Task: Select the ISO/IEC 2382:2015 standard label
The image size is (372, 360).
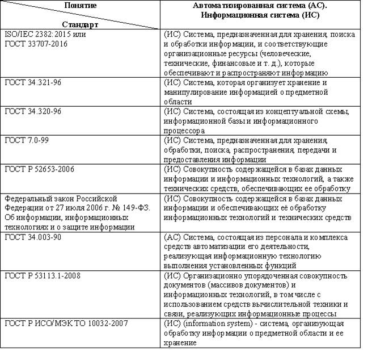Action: point(37,34)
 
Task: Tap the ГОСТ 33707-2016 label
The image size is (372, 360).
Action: point(32,43)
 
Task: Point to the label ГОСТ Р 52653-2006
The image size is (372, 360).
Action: point(39,169)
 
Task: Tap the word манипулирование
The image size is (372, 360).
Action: point(196,92)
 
